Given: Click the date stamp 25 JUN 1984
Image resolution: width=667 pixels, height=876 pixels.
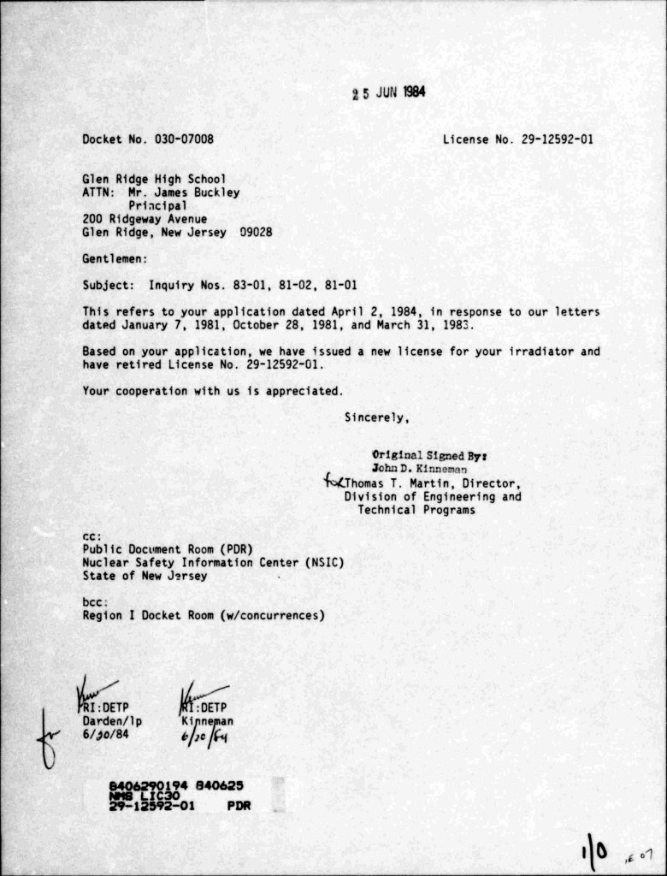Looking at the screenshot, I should pos(389,93).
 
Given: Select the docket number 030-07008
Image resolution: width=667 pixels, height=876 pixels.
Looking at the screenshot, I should pos(184,139).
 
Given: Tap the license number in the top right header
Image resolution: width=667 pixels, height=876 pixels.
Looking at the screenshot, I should pos(557,139).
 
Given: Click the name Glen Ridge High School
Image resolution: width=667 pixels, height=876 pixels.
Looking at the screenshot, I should pos(154,180).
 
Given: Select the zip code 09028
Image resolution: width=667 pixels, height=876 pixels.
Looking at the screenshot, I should pos(256,232).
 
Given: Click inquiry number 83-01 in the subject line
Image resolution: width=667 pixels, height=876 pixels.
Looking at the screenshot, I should pos(231,285).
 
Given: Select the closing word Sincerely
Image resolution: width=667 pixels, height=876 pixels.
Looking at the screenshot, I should pos(376,418).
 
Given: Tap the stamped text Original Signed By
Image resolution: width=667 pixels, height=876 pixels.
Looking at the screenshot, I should pos(430,455).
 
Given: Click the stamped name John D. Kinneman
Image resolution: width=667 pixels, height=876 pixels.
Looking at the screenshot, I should pos(419,469).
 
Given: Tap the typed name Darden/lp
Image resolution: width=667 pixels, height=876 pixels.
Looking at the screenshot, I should pos(112,721).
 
